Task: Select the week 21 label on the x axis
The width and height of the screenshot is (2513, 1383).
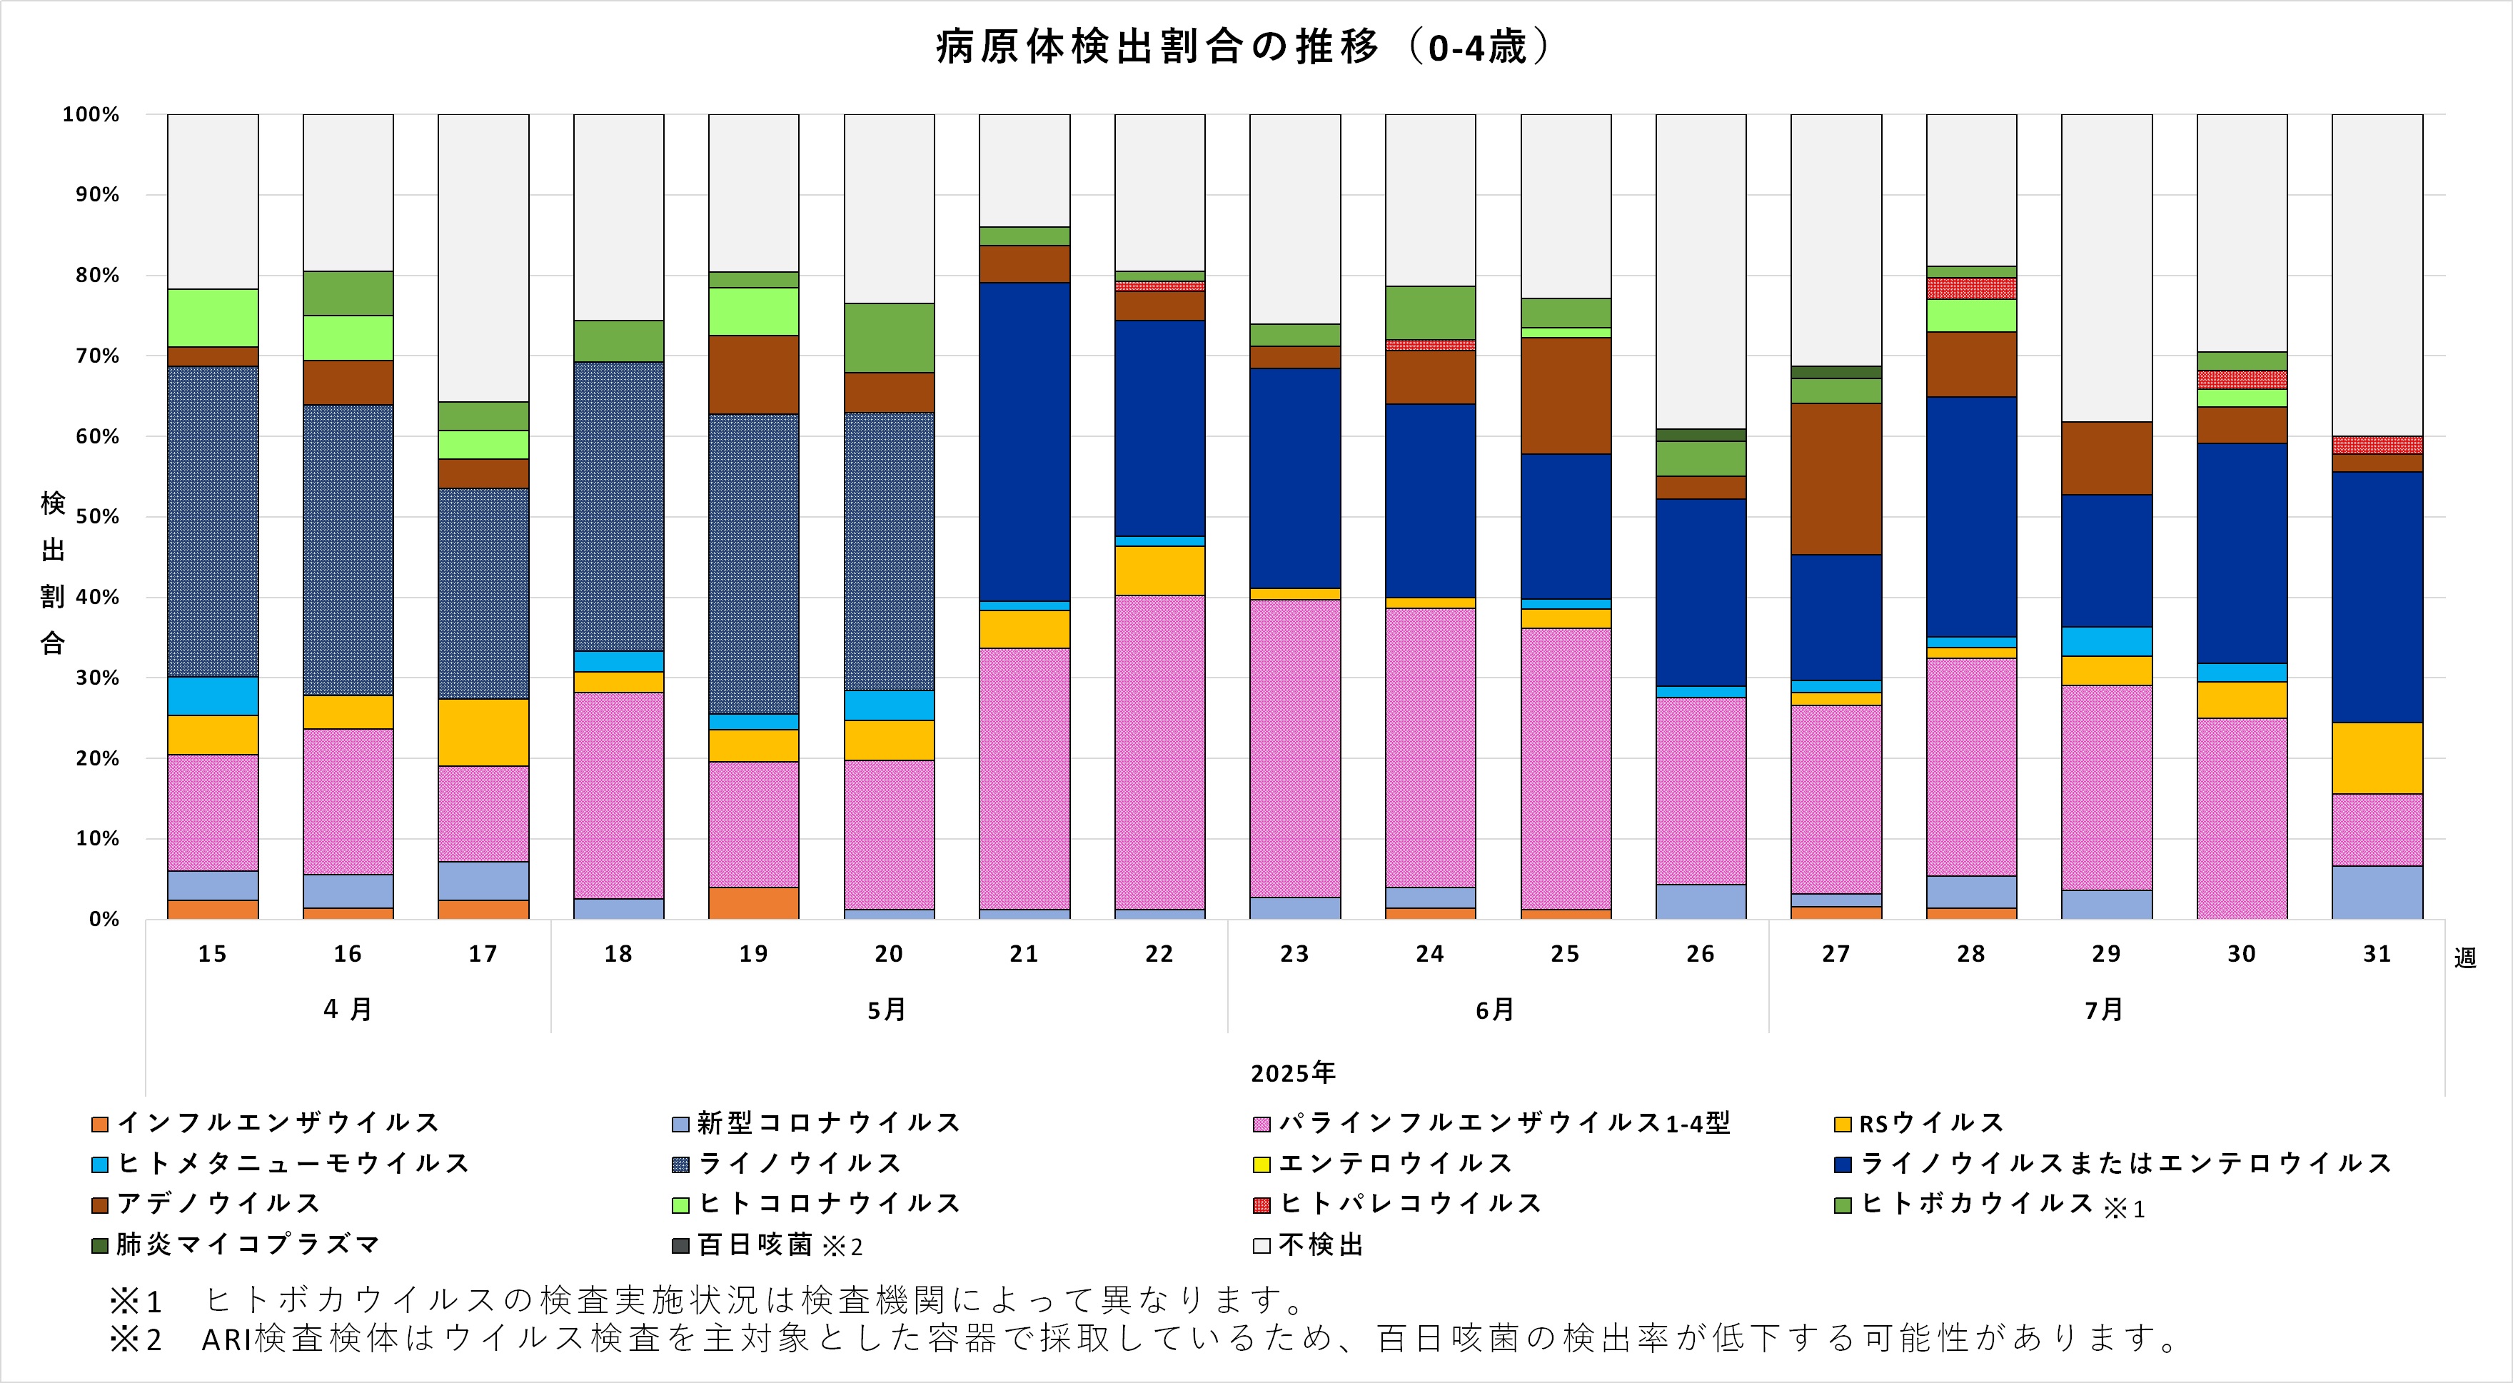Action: point(1023,954)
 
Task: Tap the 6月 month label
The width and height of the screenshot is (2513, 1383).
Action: point(1494,1010)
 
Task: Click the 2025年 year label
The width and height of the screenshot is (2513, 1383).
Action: point(1293,1074)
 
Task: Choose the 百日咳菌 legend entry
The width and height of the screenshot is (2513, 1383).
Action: point(755,1245)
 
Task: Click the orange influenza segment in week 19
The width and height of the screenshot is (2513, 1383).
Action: point(753,903)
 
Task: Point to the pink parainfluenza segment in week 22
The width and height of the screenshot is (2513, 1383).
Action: point(1159,752)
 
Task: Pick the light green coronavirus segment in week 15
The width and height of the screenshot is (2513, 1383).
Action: point(212,318)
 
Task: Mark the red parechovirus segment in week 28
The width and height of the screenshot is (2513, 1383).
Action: point(1970,288)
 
